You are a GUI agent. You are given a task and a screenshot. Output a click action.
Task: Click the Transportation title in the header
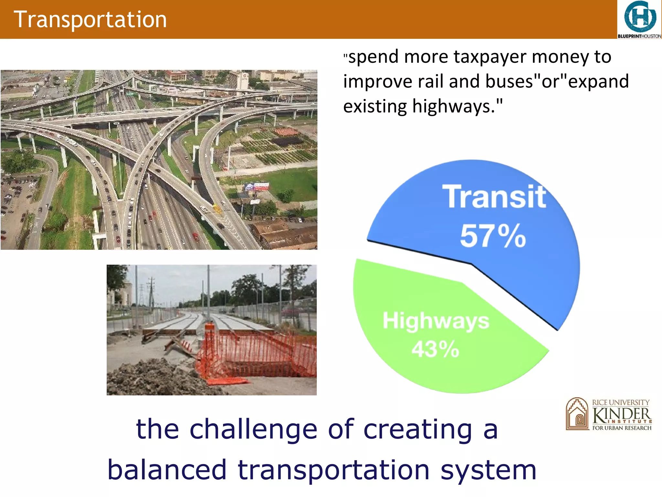tap(90, 19)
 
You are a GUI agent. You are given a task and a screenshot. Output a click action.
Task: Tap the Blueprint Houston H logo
tap(640, 17)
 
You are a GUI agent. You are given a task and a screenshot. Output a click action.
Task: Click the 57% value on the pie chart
tap(493, 236)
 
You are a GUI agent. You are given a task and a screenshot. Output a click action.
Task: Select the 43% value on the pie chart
tap(435, 349)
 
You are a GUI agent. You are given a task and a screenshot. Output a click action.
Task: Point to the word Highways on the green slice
tap(436, 321)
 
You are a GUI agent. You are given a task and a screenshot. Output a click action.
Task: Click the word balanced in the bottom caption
tap(167, 470)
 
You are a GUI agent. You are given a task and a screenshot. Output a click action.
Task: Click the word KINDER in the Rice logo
tap(621, 415)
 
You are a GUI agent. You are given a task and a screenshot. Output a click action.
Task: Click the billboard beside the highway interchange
tap(256, 187)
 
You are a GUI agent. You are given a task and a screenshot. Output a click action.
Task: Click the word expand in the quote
tap(598, 82)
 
